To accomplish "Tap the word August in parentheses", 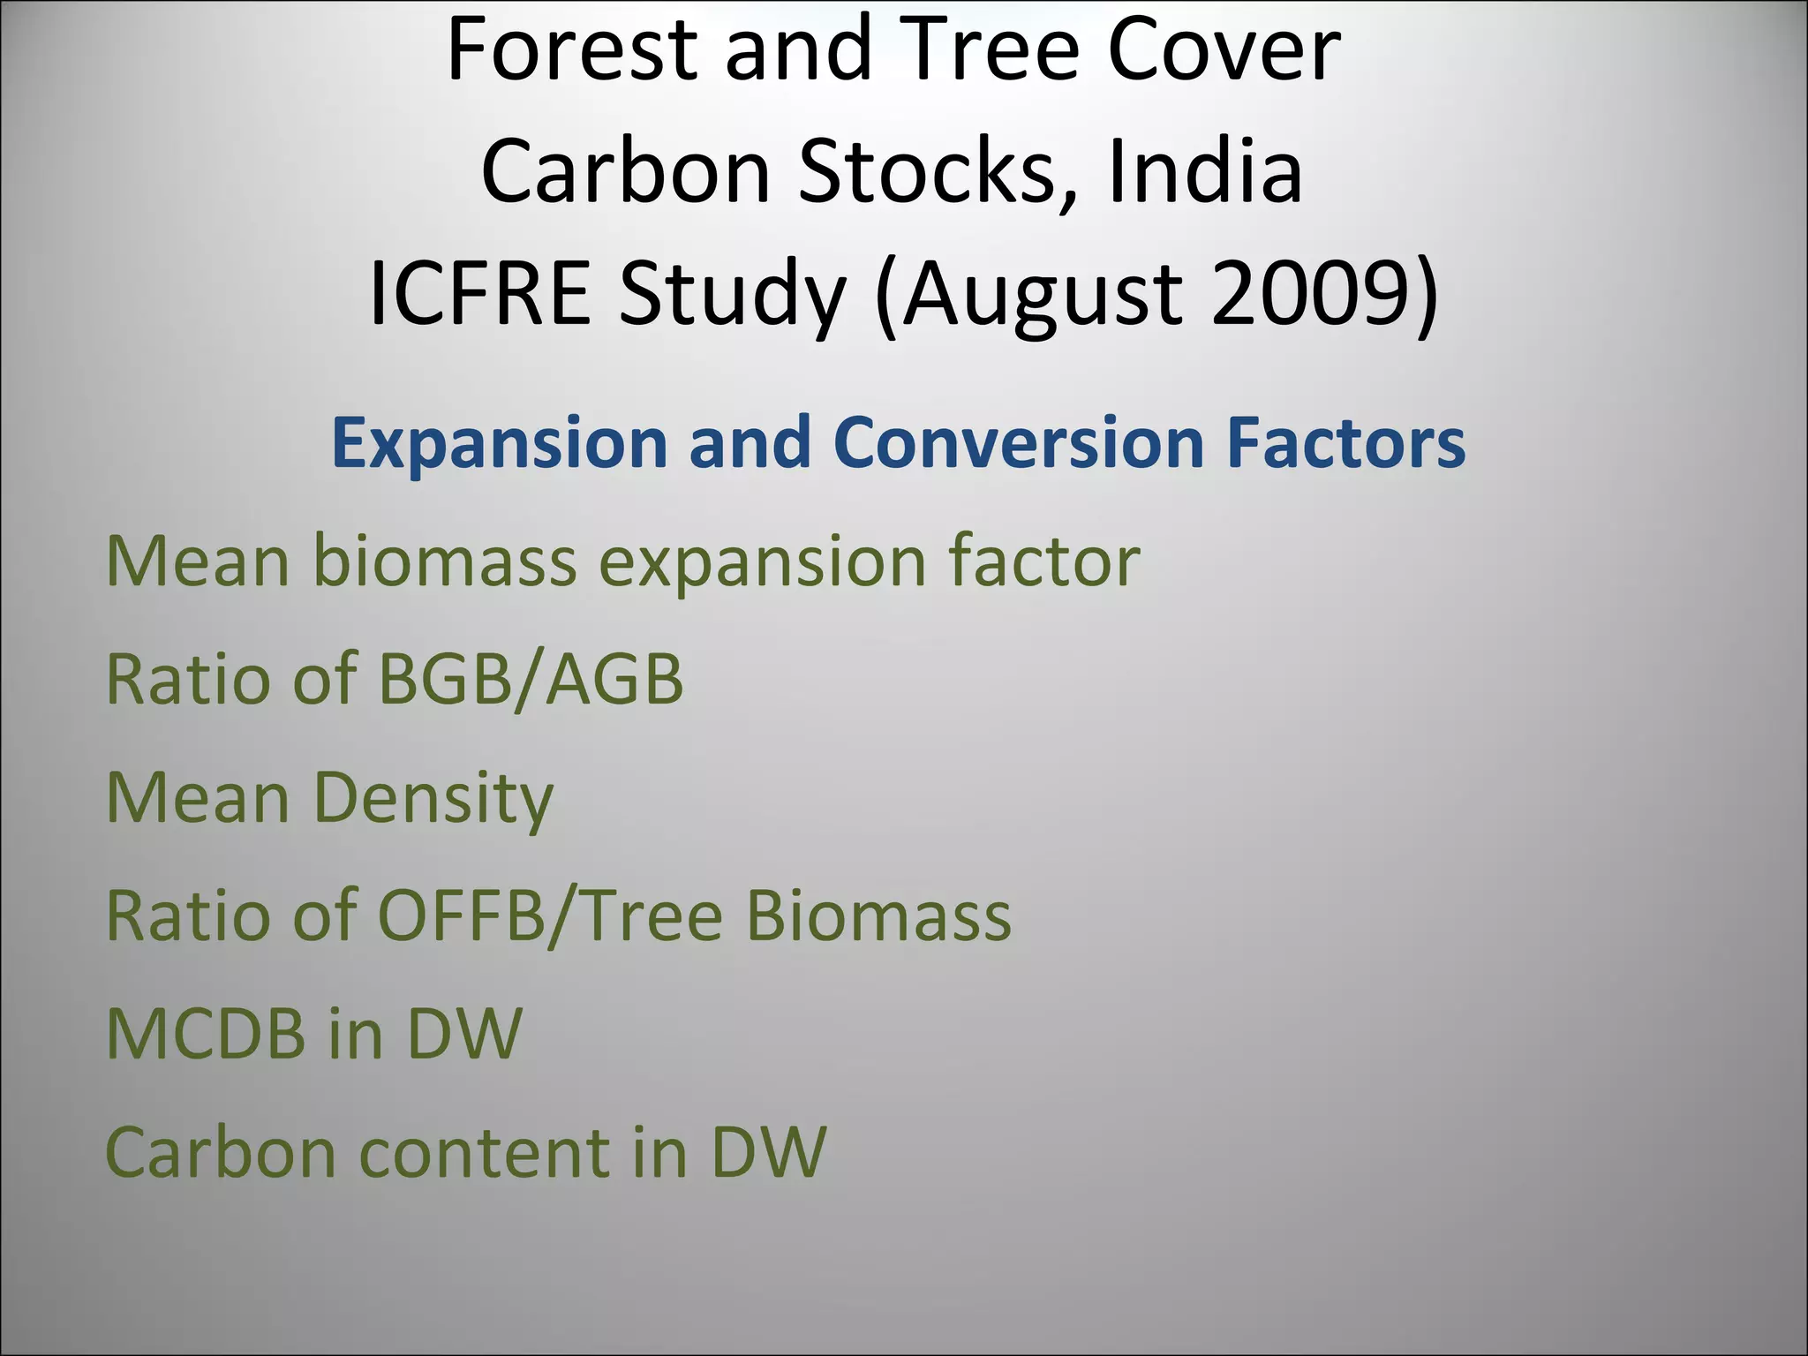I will click(1041, 296).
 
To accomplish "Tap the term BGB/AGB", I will click(531, 680).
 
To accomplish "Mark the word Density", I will click(433, 799).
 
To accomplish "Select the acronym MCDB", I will click(206, 1034).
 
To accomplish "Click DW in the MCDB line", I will click(463, 1034).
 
